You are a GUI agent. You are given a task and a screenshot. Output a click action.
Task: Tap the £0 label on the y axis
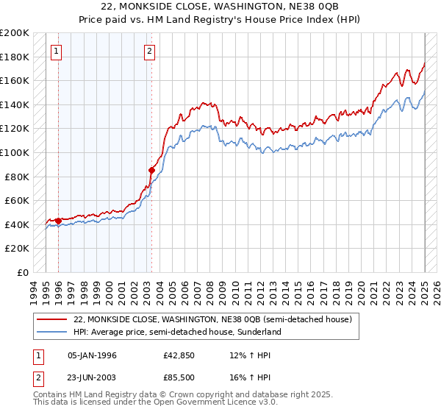24,272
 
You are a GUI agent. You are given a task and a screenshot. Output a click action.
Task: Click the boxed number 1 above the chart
57,51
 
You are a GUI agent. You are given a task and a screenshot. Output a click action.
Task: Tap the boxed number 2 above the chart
149,51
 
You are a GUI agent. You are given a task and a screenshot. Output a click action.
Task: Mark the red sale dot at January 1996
58,221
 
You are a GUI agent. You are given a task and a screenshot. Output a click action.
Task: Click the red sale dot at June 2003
152,170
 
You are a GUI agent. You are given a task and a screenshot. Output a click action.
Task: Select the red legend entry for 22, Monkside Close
213,320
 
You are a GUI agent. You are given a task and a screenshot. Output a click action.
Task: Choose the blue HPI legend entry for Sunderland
177,332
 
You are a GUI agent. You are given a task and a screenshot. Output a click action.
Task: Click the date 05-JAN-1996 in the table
92,355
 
